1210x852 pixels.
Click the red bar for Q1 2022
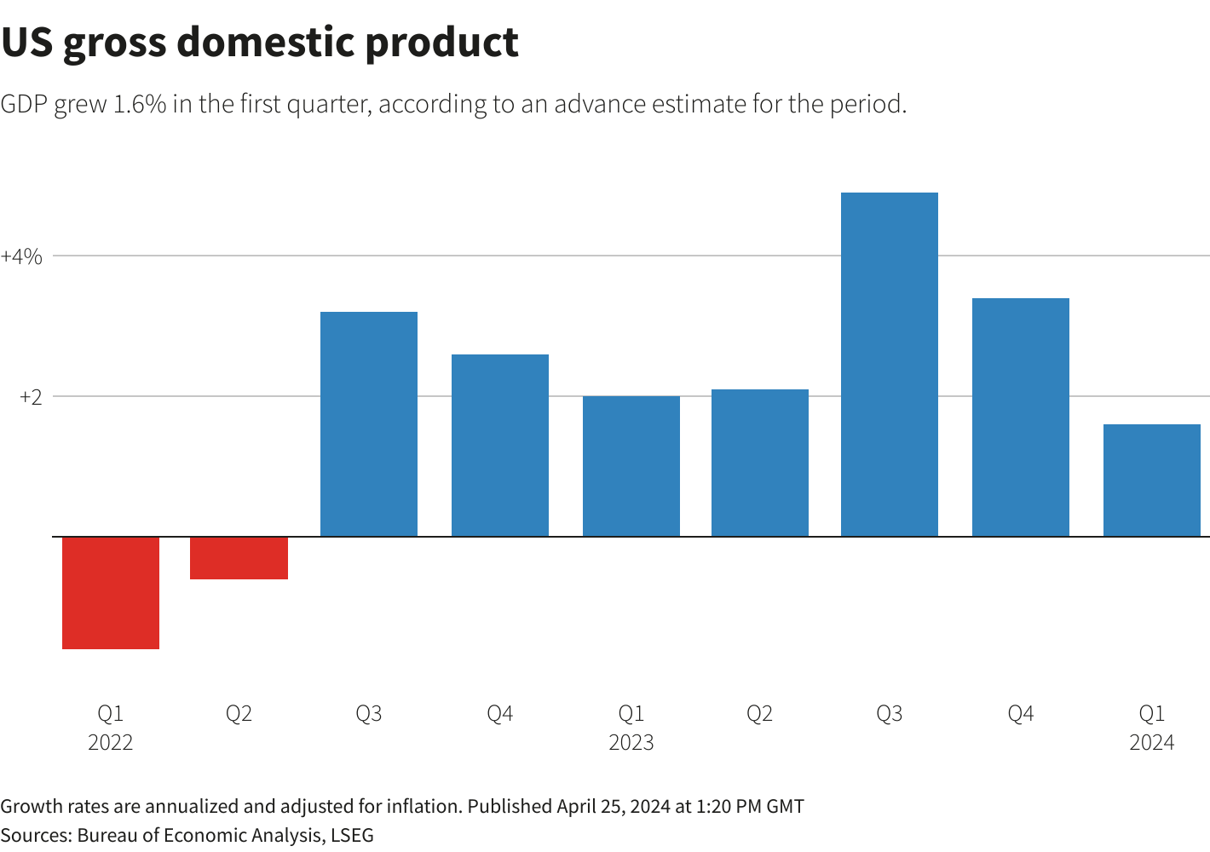click(x=111, y=593)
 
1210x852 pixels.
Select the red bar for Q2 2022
click(x=239, y=558)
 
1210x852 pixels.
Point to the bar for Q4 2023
click(x=1021, y=417)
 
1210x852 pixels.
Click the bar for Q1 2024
click(x=1152, y=481)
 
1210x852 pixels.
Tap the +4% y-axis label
click(x=21, y=256)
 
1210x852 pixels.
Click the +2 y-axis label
click(x=31, y=397)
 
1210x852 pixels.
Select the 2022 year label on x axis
click(x=111, y=743)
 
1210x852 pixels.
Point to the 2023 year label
click(x=631, y=743)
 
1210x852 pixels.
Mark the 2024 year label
click(x=1152, y=743)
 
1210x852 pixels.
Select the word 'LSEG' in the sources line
click(x=352, y=835)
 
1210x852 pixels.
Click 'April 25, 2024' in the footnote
click(x=614, y=806)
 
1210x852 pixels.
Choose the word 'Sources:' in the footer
click(x=36, y=835)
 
